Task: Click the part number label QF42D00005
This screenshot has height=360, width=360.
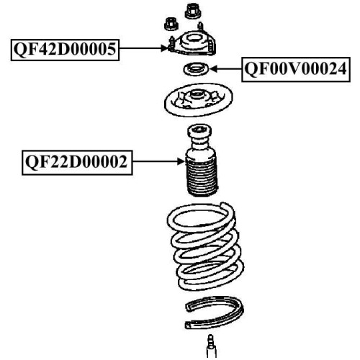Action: click(x=65, y=50)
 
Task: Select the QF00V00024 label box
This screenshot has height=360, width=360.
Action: click(x=296, y=69)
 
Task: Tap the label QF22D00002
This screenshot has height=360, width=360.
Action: click(x=77, y=163)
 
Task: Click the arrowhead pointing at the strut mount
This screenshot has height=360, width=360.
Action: click(x=164, y=48)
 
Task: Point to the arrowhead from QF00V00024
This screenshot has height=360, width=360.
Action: click(x=213, y=69)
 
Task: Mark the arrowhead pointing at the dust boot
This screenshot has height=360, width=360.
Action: click(x=181, y=161)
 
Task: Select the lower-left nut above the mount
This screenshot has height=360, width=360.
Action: click(x=171, y=24)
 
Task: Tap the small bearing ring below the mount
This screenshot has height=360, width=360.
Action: click(x=196, y=69)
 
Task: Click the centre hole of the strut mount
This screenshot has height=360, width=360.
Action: click(x=194, y=38)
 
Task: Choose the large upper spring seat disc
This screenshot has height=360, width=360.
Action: click(x=198, y=100)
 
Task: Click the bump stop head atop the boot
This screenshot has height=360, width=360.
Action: click(x=199, y=131)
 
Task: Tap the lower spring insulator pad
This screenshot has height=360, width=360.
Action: click(x=215, y=312)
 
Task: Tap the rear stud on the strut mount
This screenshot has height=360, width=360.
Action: click(x=200, y=27)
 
